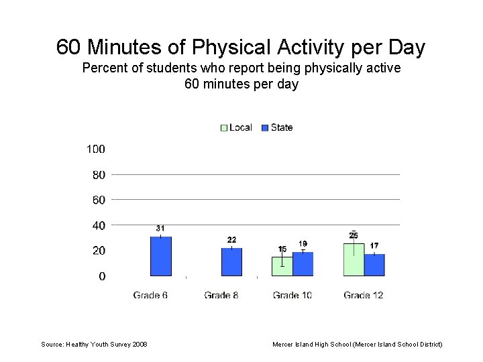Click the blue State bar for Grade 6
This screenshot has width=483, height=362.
point(160,256)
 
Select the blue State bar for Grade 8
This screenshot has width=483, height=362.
point(231,262)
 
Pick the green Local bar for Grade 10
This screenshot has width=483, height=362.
point(282,266)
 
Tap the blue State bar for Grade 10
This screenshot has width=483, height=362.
point(303,264)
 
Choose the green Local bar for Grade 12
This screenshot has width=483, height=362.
point(354,259)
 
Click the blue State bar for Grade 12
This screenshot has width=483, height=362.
point(374,265)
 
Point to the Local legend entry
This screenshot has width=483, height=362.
point(236,127)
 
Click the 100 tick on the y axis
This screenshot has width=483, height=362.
point(95,149)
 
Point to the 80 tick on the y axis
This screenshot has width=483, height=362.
point(98,175)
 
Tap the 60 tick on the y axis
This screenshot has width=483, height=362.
point(98,200)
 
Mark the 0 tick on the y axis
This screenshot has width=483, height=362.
point(101,276)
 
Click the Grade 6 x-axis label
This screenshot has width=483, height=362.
point(150,295)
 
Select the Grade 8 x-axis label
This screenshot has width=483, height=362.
point(221,295)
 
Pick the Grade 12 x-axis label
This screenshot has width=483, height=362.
point(363,295)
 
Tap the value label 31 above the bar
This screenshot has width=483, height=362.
point(160,229)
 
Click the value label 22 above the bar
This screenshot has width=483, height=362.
point(231,240)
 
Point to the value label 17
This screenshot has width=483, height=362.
point(374,246)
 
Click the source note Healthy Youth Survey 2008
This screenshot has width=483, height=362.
point(94,345)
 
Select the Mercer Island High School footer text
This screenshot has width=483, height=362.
point(357,345)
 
